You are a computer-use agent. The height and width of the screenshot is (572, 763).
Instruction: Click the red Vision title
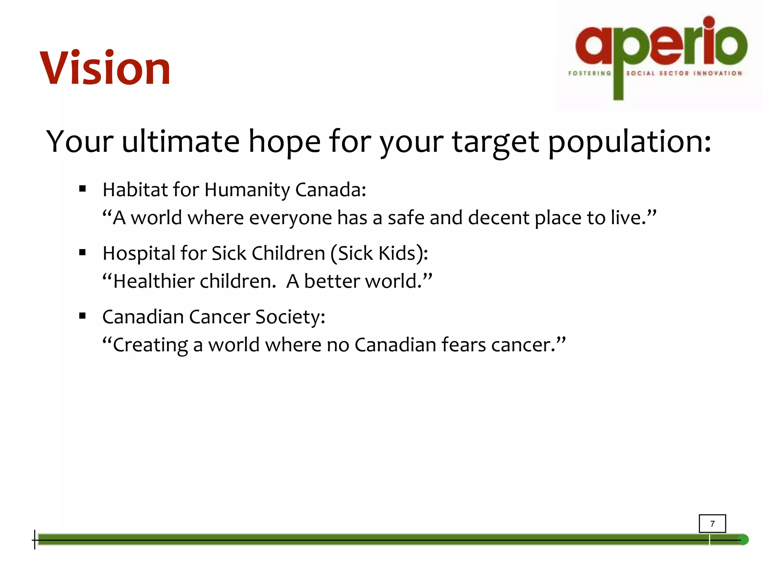[x=105, y=69]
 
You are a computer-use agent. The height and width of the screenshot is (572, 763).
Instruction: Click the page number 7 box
[x=712, y=524]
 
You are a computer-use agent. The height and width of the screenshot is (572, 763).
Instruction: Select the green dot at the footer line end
[x=743, y=540]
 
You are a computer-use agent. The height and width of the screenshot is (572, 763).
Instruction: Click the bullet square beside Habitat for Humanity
[x=83, y=189]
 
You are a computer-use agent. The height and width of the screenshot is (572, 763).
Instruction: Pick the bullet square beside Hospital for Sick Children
[x=83, y=253]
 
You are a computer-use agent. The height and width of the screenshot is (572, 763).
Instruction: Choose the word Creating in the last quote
[x=150, y=345]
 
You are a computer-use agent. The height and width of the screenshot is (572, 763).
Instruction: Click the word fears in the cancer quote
[x=463, y=344]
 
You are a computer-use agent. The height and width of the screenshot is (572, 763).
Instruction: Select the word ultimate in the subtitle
[x=181, y=142]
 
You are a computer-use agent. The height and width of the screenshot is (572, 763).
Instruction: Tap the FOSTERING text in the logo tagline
[x=589, y=73]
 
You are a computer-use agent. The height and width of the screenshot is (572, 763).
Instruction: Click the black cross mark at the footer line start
[x=35, y=540]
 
